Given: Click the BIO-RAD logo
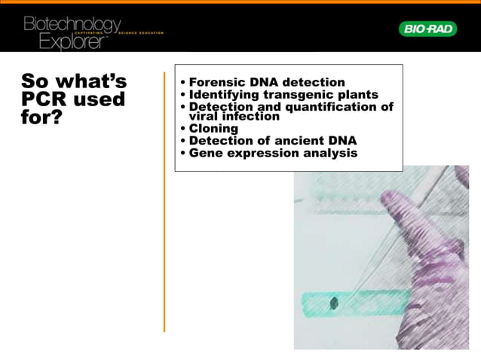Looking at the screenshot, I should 427,29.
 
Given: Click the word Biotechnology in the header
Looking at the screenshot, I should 72,24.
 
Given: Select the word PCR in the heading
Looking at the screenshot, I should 47,99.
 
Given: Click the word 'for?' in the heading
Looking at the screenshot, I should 41,118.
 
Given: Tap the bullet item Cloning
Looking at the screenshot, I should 213,129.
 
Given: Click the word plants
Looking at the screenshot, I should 357,95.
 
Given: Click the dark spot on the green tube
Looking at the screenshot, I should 334,304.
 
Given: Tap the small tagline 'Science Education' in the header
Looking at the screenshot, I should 140,34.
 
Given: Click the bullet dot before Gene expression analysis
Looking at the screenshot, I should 183,154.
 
